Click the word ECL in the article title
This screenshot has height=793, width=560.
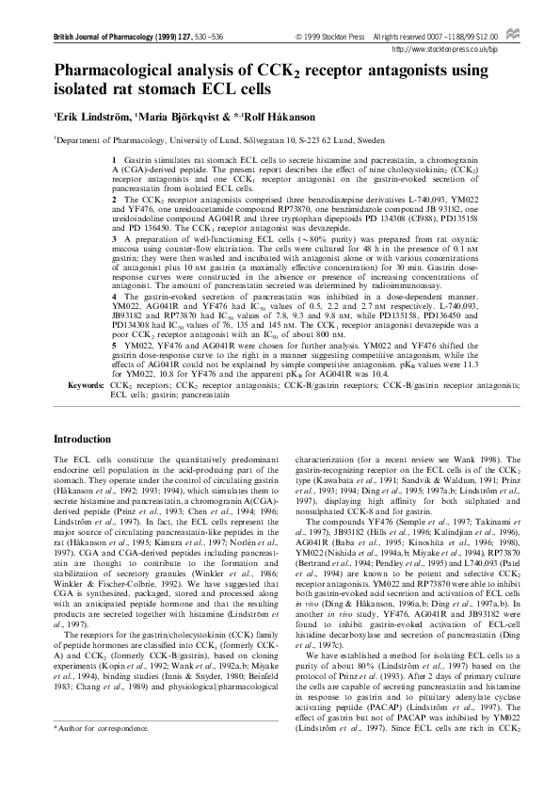[217, 89]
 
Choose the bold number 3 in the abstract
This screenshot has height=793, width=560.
[114, 267]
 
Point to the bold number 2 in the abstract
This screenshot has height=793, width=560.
[114, 201]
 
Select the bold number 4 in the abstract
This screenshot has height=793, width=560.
[114, 321]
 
